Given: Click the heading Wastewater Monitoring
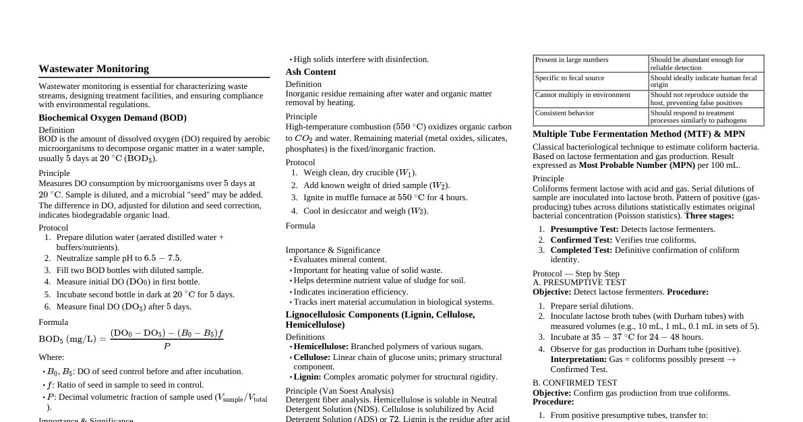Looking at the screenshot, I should pyautogui.click(x=94, y=69).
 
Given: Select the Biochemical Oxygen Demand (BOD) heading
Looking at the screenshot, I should pyautogui.click(x=113, y=117).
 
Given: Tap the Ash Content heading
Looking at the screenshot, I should pyautogui.click(x=311, y=72).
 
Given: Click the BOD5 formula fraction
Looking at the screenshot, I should pyautogui.click(x=167, y=339).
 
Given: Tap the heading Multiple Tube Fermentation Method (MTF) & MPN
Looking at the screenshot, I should pyautogui.click(x=639, y=134).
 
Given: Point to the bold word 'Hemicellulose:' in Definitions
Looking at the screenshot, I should pyautogui.click(x=321, y=346).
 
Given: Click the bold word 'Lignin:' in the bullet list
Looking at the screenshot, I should pyautogui.click(x=307, y=377).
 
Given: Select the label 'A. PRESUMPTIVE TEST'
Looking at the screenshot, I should pyautogui.click(x=579, y=282).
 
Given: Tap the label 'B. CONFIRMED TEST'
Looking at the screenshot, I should pyautogui.click(x=574, y=383).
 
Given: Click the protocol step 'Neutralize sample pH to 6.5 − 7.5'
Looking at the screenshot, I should pyautogui.click(x=119, y=258).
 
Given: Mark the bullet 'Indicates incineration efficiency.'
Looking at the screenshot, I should pyautogui.click(x=351, y=292).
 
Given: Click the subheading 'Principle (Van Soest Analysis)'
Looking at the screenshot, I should pyautogui.click(x=340, y=391).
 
